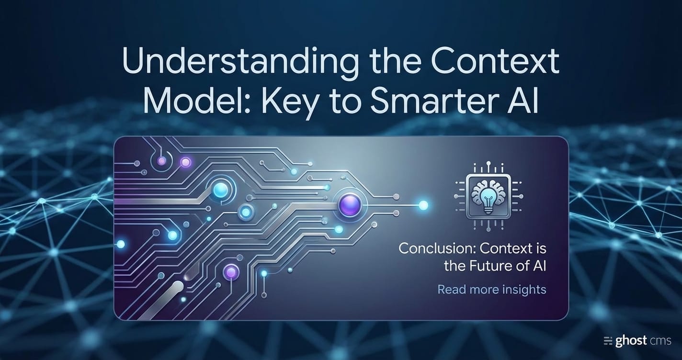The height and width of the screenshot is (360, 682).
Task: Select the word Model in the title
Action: (194, 101)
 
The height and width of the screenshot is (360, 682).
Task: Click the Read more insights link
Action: (492, 290)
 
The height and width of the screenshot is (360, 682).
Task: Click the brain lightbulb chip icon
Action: (489, 197)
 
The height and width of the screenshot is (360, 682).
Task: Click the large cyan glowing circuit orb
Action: (221, 190)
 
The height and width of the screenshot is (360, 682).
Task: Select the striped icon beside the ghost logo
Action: (608, 341)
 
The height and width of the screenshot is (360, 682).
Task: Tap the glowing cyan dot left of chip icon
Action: (423, 205)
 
